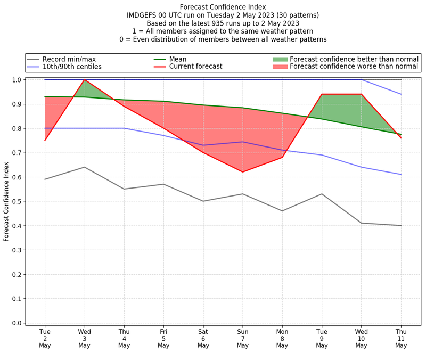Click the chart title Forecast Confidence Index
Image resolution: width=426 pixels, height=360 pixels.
(x=223, y=7)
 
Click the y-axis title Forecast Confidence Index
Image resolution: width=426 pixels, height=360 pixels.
(x=6, y=201)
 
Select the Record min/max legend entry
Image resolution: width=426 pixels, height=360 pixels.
(x=70, y=59)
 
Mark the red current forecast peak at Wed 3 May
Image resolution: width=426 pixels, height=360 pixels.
(x=84, y=80)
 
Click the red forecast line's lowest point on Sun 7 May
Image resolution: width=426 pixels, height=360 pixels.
(x=242, y=172)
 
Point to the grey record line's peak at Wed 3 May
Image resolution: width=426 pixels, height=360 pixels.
(x=84, y=167)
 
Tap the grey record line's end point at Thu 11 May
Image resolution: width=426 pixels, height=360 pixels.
(x=400, y=226)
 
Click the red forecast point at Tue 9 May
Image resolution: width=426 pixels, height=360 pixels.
(x=322, y=94)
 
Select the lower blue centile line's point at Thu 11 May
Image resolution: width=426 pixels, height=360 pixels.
(x=400, y=175)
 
